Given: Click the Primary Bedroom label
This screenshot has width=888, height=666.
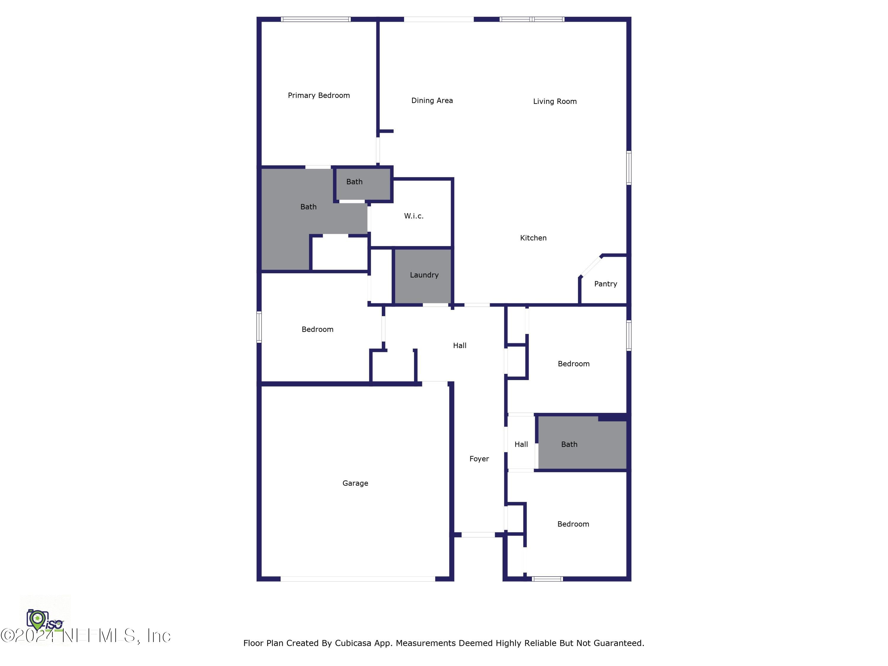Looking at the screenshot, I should click(x=319, y=95).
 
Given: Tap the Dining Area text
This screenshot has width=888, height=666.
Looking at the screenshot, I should click(x=432, y=100).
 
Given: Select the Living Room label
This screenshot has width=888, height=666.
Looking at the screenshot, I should click(x=555, y=101).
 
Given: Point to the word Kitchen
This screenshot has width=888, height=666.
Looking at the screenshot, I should click(x=533, y=238).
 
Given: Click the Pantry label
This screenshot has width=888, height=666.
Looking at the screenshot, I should click(x=605, y=284).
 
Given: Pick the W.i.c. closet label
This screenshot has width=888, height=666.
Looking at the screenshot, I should click(x=414, y=216).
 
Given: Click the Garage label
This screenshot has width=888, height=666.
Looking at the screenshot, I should click(x=355, y=483).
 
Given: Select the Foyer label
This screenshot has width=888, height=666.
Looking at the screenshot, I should click(x=479, y=459).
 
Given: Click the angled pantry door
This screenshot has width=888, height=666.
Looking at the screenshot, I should click(x=591, y=266).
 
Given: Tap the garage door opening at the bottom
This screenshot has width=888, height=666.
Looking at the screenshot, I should click(x=357, y=578).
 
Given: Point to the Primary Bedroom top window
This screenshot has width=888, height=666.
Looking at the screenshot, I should click(x=316, y=19).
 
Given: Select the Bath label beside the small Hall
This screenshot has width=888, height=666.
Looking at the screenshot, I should click(x=569, y=444).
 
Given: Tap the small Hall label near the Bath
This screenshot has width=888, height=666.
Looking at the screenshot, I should click(x=521, y=444).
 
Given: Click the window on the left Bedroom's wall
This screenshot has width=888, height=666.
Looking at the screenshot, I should click(x=259, y=327).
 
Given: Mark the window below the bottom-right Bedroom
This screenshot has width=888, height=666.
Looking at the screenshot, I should click(x=547, y=578).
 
